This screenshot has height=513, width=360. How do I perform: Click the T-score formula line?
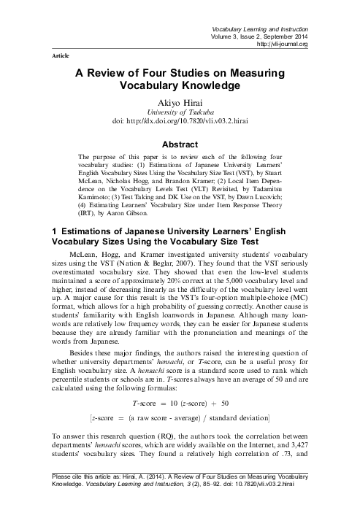tap(180, 402)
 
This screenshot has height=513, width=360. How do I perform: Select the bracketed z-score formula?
tap(180, 417)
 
